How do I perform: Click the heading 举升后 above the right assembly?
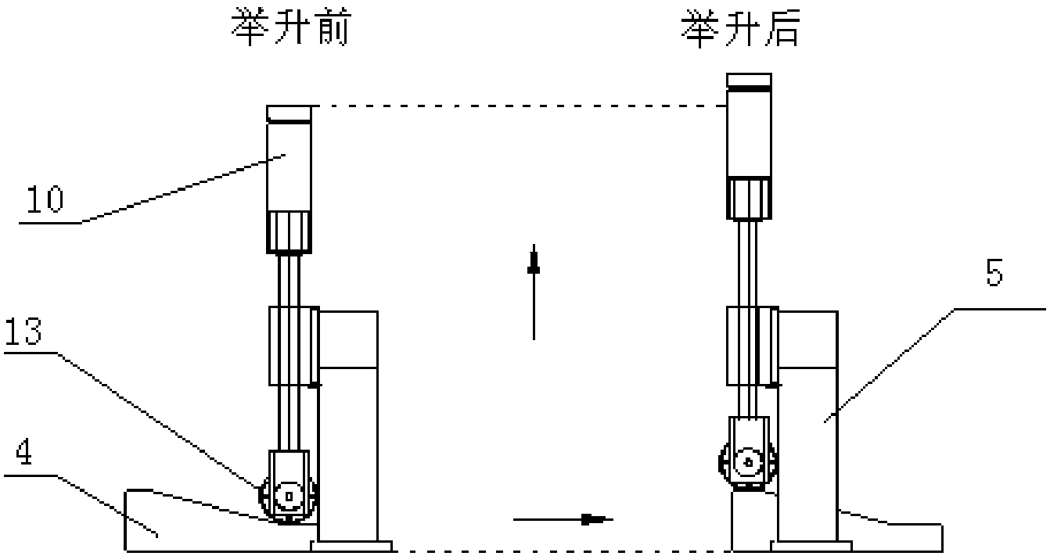[740, 29]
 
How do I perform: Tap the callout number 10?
[45, 199]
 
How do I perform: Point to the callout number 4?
[24, 453]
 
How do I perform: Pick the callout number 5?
[994, 273]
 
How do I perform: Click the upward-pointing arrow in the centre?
[534, 292]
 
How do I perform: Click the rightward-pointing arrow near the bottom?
[563, 519]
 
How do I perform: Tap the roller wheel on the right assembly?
[748, 463]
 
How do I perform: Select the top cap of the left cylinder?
[289, 114]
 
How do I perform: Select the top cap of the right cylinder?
[749, 81]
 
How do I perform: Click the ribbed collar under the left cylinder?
[289, 232]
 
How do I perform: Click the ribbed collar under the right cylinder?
[749, 198]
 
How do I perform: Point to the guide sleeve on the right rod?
[753, 346]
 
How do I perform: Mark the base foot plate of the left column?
[351, 546]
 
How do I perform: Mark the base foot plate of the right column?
[811, 546]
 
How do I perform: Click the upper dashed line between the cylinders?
[519, 106]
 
